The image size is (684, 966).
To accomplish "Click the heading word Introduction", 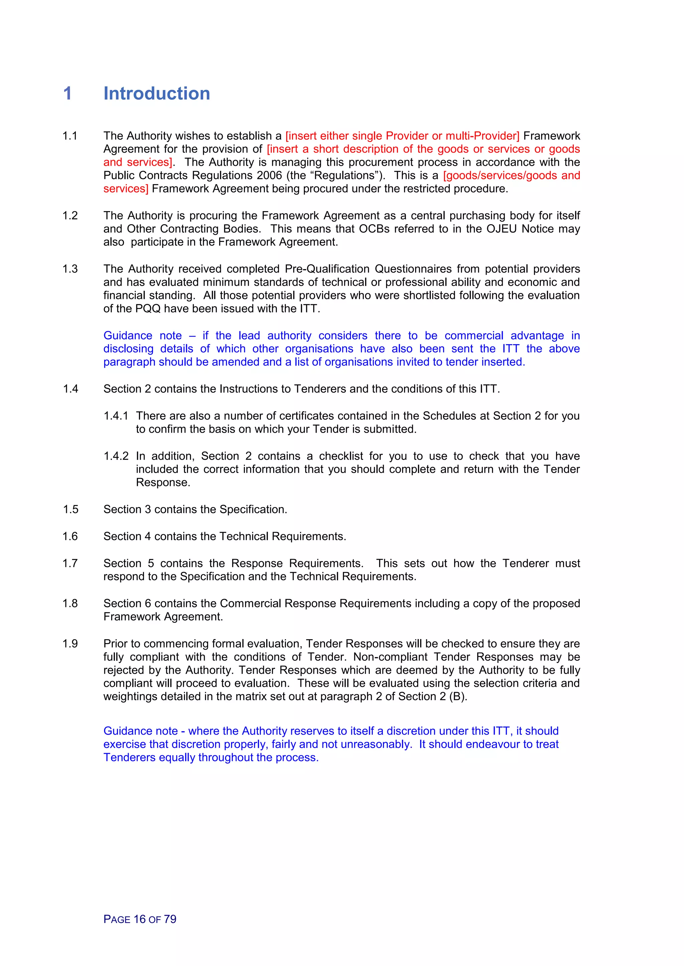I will [157, 93].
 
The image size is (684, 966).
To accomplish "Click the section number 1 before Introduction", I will [67, 93].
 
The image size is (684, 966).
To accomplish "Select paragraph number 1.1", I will [70, 136].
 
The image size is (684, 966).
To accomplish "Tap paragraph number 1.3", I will [70, 269].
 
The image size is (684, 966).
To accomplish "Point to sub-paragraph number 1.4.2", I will [116, 456].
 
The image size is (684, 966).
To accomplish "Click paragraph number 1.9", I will [70, 644].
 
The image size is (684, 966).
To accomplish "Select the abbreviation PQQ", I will [148, 309].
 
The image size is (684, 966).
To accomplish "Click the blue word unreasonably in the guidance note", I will [375, 744].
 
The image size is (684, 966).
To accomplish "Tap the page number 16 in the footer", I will [139, 919].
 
